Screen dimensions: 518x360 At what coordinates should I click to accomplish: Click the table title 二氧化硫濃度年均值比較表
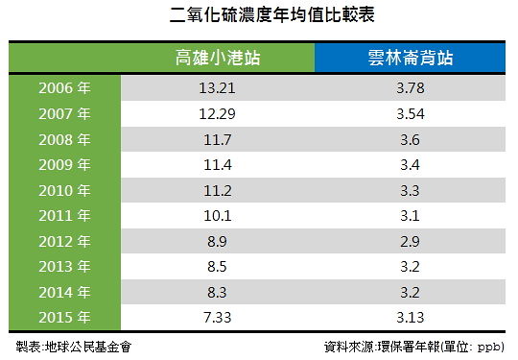click(271, 15)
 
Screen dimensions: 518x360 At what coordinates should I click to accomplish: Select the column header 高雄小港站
click(218, 58)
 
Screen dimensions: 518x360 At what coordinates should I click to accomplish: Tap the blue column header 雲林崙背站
click(410, 58)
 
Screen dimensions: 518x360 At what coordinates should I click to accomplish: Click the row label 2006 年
click(64, 88)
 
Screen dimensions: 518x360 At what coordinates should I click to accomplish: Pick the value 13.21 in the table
click(217, 88)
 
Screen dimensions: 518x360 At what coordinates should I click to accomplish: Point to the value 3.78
click(411, 88)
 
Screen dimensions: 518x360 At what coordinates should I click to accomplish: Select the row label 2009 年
click(64, 164)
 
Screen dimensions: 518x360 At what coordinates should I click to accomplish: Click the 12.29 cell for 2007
click(217, 113)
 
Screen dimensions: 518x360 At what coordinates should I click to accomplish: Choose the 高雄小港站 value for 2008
click(217, 139)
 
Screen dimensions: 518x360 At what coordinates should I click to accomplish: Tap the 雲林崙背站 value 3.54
click(411, 113)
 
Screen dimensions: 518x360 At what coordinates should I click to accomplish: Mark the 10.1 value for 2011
click(217, 216)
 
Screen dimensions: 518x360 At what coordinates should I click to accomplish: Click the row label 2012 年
click(64, 241)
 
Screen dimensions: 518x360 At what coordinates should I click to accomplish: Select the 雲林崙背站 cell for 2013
click(410, 267)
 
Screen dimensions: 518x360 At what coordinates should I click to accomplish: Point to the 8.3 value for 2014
click(217, 292)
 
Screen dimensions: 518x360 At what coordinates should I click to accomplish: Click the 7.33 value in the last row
click(217, 318)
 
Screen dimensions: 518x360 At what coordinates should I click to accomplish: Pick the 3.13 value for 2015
click(411, 318)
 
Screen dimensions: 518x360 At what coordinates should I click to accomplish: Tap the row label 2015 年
click(64, 318)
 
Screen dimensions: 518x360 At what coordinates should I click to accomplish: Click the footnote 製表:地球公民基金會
click(74, 347)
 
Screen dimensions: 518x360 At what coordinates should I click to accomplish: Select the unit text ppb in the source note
click(489, 348)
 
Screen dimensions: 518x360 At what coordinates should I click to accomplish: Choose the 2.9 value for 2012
click(410, 241)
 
